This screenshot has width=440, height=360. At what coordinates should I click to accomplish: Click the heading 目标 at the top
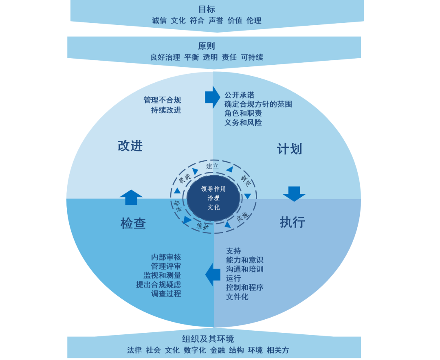point(207,9)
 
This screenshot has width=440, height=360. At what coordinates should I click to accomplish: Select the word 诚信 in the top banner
point(159,20)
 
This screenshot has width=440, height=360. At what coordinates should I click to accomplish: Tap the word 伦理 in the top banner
point(254,20)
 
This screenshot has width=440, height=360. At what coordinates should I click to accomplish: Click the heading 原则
point(207,46)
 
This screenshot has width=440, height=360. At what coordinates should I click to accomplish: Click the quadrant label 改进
point(130,146)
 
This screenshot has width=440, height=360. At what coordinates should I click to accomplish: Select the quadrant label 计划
point(290,149)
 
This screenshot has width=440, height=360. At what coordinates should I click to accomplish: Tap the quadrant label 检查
point(133,223)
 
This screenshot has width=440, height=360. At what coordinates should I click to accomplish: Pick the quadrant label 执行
point(292,222)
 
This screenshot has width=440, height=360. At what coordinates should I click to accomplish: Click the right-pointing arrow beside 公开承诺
point(212,97)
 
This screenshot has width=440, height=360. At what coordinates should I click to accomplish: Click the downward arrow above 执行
point(294,193)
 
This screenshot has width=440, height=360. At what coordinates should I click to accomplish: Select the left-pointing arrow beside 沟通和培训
point(213,274)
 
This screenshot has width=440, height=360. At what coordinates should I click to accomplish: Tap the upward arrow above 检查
point(131,197)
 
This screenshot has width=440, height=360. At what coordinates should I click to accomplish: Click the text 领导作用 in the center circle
point(213,189)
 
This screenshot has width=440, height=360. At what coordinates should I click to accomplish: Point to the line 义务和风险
point(243,123)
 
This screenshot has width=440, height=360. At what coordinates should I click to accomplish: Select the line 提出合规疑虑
point(158,285)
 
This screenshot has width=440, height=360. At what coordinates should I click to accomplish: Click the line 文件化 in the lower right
point(237,297)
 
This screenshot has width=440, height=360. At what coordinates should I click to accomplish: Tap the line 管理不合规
point(162,100)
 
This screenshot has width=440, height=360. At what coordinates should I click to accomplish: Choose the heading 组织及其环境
point(208,339)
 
